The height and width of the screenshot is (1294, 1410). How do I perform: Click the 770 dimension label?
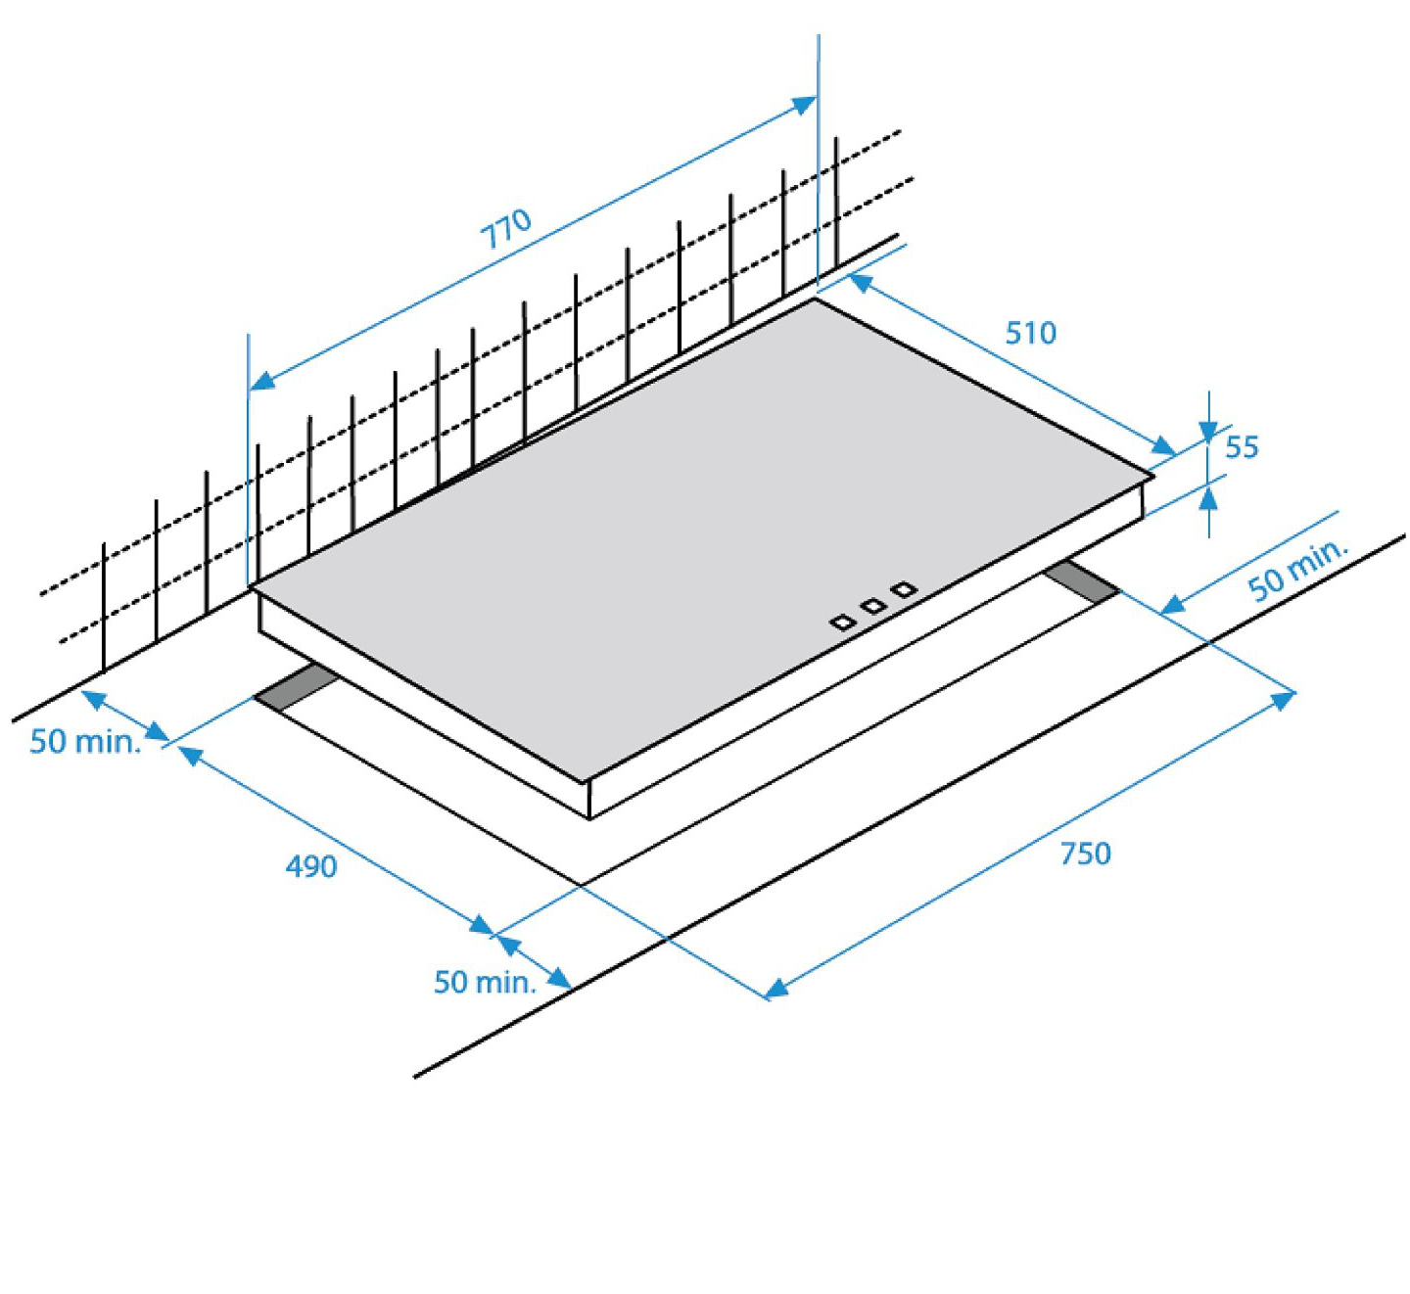(505, 228)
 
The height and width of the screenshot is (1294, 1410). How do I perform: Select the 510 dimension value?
(1030, 333)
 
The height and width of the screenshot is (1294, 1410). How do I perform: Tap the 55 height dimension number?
(1242, 447)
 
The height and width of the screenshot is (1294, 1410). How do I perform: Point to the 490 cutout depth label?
(311, 866)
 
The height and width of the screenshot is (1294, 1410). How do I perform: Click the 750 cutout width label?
(1085, 854)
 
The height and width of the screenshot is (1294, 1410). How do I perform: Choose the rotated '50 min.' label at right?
(1298, 571)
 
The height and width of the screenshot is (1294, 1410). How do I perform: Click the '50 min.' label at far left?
(86, 742)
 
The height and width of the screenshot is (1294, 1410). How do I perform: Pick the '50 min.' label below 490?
(485, 982)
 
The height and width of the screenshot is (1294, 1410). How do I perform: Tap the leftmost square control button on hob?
(842, 623)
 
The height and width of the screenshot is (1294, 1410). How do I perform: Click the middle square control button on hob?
(873, 606)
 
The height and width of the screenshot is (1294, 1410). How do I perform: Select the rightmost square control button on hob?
(905, 589)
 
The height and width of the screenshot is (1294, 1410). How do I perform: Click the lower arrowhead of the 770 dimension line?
(261, 381)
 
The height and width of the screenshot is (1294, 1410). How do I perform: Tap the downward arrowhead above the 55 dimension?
(1208, 431)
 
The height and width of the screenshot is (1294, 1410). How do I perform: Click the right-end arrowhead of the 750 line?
(1285, 699)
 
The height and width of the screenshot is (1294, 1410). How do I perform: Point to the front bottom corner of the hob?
(589, 819)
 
